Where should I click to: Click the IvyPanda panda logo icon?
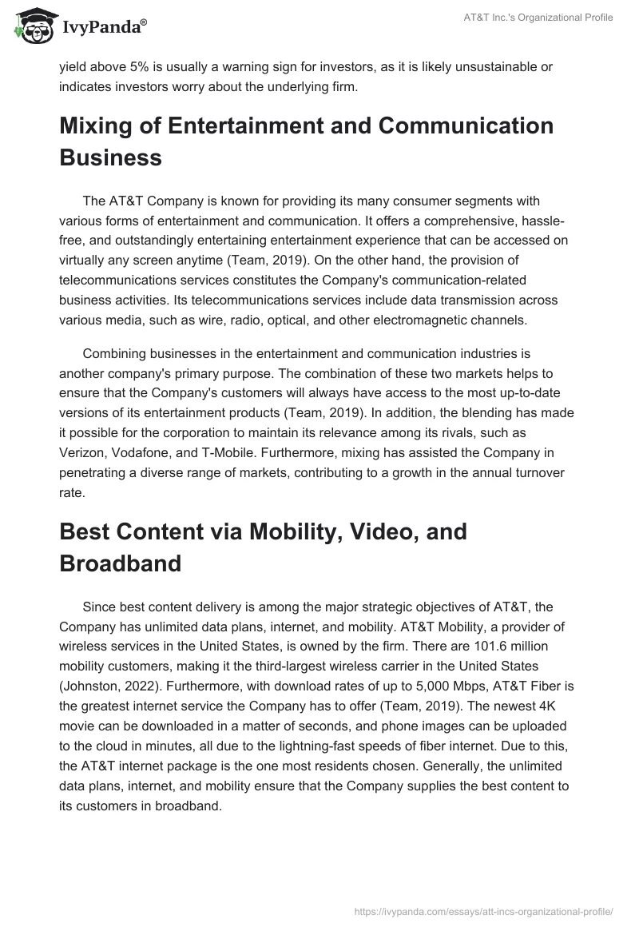(x=30, y=26)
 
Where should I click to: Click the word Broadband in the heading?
(x=121, y=563)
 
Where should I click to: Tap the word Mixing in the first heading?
(x=97, y=126)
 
